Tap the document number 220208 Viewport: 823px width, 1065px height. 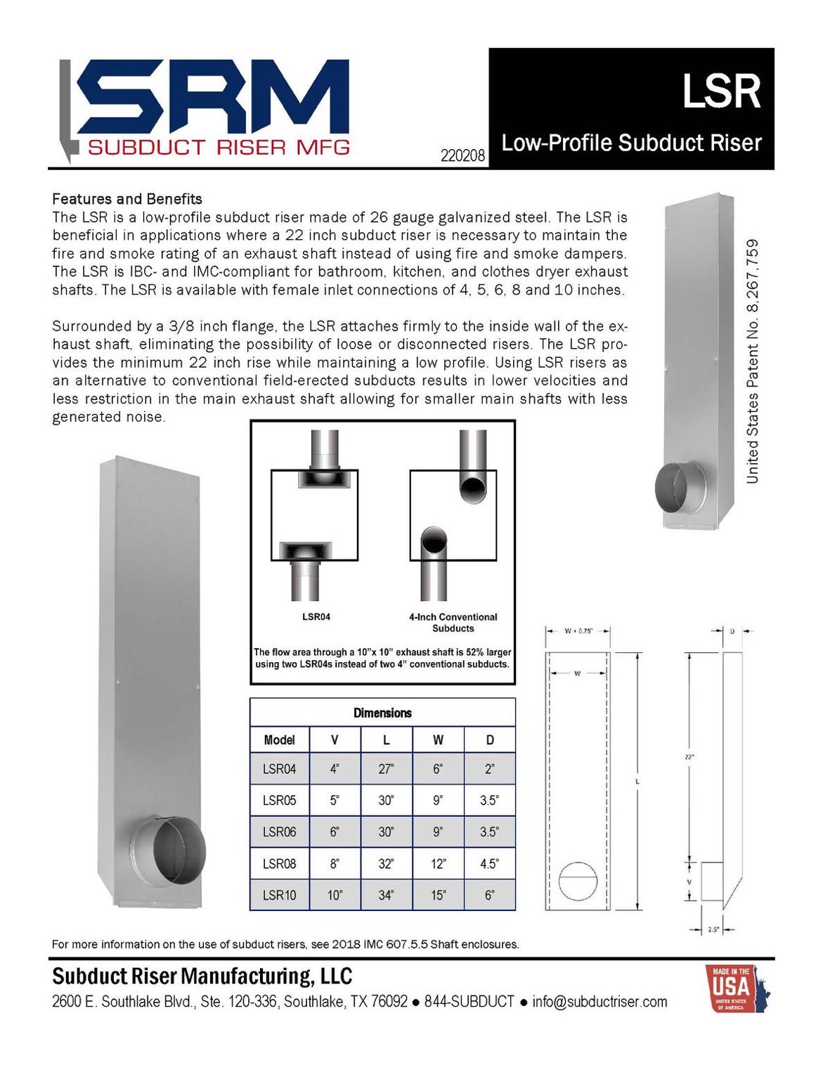pos(462,155)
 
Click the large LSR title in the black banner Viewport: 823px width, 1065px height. pos(721,92)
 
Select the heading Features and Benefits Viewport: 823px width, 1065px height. pos(127,199)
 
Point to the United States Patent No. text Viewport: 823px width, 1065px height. pos(752,361)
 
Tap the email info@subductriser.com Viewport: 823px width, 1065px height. pos(600,1001)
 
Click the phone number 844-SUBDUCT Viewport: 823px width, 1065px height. pos(469,1001)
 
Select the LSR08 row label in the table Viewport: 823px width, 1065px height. pos(279,863)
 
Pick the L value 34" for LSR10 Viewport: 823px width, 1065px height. pos(386,895)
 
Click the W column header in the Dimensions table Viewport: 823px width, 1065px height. pos(438,740)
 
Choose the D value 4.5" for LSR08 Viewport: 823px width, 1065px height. pos(489,863)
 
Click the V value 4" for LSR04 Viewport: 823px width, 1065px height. pos(335,768)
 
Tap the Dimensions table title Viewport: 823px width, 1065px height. pos(382,713)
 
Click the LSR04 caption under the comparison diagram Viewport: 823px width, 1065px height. pos(316,617)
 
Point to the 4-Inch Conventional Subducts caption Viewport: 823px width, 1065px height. pos(453,622)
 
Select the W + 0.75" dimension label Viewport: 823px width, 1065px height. pos(578,631)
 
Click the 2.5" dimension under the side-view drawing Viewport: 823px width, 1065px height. pos(713,929)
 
